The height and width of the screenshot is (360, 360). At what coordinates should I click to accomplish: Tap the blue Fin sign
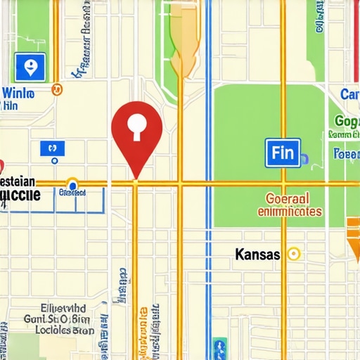[x=283, y=153]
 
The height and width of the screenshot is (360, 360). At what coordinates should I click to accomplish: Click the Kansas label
[x=258, y=255]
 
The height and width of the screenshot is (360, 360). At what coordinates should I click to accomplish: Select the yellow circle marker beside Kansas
[x=294, y=255]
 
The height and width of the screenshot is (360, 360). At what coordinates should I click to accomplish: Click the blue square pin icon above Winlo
[x=30, y=68]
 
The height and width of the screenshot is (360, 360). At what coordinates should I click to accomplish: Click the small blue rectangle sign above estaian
[x=52, y=148]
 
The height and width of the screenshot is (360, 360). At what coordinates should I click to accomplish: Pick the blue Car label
[x=349, y=94]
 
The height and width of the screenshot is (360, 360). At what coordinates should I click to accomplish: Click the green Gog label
[x=347, y=120]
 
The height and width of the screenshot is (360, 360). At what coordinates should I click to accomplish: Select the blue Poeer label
[x=346, y=153]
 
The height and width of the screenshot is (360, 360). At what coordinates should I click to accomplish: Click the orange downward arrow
[x=353, y=239]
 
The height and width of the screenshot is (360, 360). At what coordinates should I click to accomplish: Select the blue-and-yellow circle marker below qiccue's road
[x=71, y=185]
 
